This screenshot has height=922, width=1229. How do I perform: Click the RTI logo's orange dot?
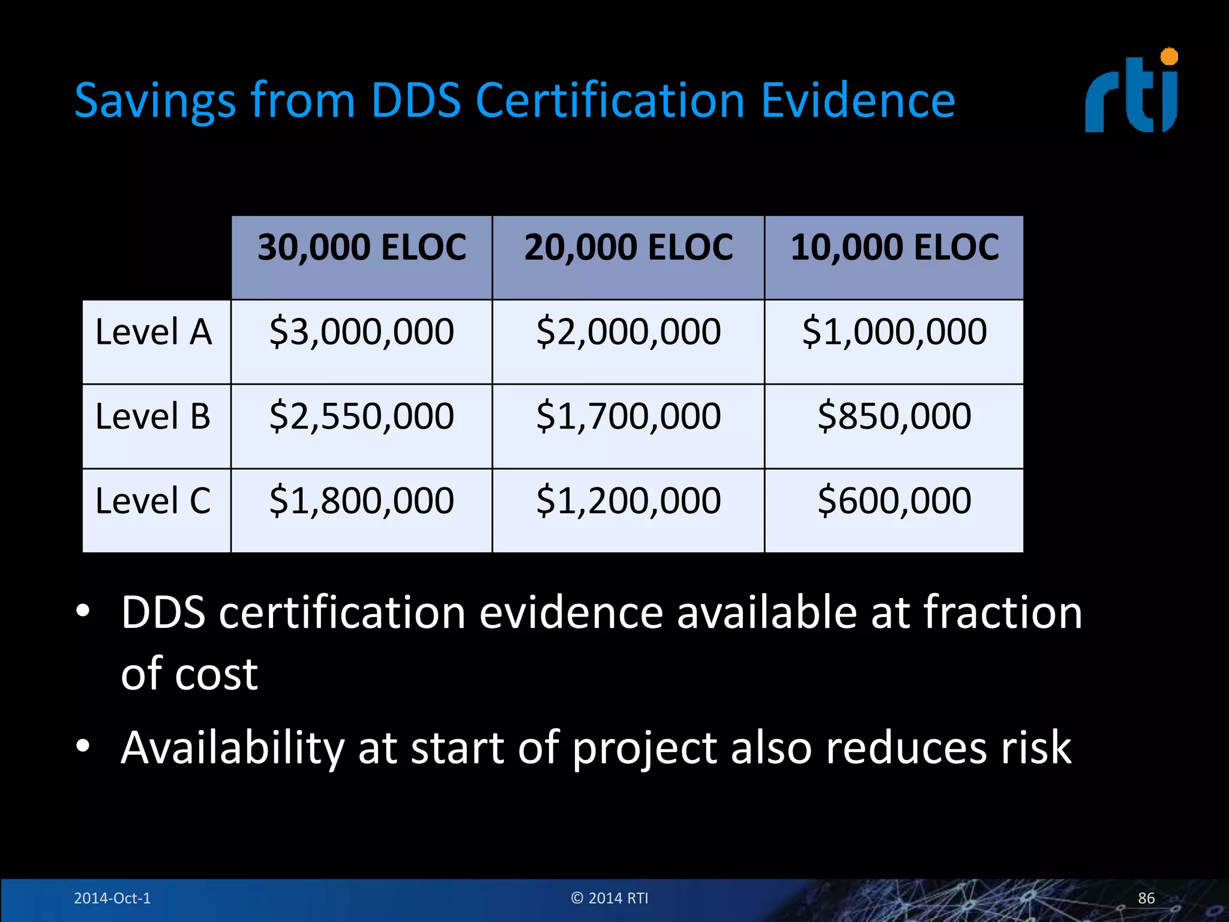pos(1169,56)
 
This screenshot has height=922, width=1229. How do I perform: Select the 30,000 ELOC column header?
pos(362,247)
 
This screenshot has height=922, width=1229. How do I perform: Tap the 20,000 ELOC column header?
pos(628,247)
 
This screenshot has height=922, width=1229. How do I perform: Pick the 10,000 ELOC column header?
pos(894,247)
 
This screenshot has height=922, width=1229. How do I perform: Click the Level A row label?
pos(154,332)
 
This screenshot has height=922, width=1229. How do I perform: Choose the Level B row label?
pos(153,416)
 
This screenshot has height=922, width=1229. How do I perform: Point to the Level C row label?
pos(153,501)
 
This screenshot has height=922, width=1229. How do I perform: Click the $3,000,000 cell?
pos(362,332)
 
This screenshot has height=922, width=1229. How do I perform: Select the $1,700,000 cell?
pos(628,416)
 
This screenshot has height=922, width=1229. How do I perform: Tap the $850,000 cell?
pos(894,416)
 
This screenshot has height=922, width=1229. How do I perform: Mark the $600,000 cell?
pos(894,501)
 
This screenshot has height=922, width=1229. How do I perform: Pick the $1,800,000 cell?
pos(362,501)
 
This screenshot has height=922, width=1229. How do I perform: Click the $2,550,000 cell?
pos(362,416)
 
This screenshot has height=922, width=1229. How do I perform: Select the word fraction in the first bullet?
pos(1002,612)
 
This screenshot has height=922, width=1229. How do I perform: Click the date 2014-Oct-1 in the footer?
pos(112,898)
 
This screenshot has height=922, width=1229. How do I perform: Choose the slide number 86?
pos(1146,898)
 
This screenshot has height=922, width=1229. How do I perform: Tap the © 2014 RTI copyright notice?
pos(610,898)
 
